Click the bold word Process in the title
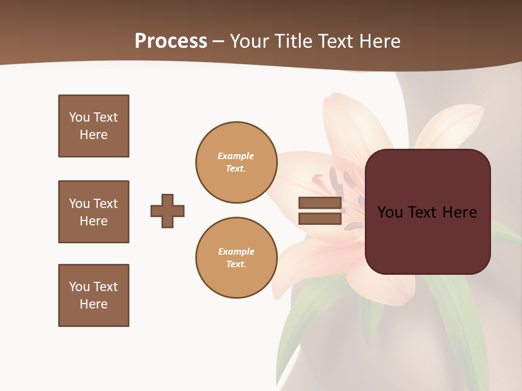(x=171, y=41)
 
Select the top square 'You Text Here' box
(x=94, y=126)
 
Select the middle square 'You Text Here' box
(x=94, y=212)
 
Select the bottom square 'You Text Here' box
(x=94, y=295)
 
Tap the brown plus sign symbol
(x=167, y=211)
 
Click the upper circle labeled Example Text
(x=236, y=162)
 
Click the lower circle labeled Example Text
(x=236, y=258)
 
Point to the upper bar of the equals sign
(x=320, y=203)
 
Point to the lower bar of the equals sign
(x=320, y=218)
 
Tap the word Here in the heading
(x=380, y=41)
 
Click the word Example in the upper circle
(x=236, y=156)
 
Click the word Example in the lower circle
(x=236, y=252)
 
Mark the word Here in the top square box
(x=94, y=135)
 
